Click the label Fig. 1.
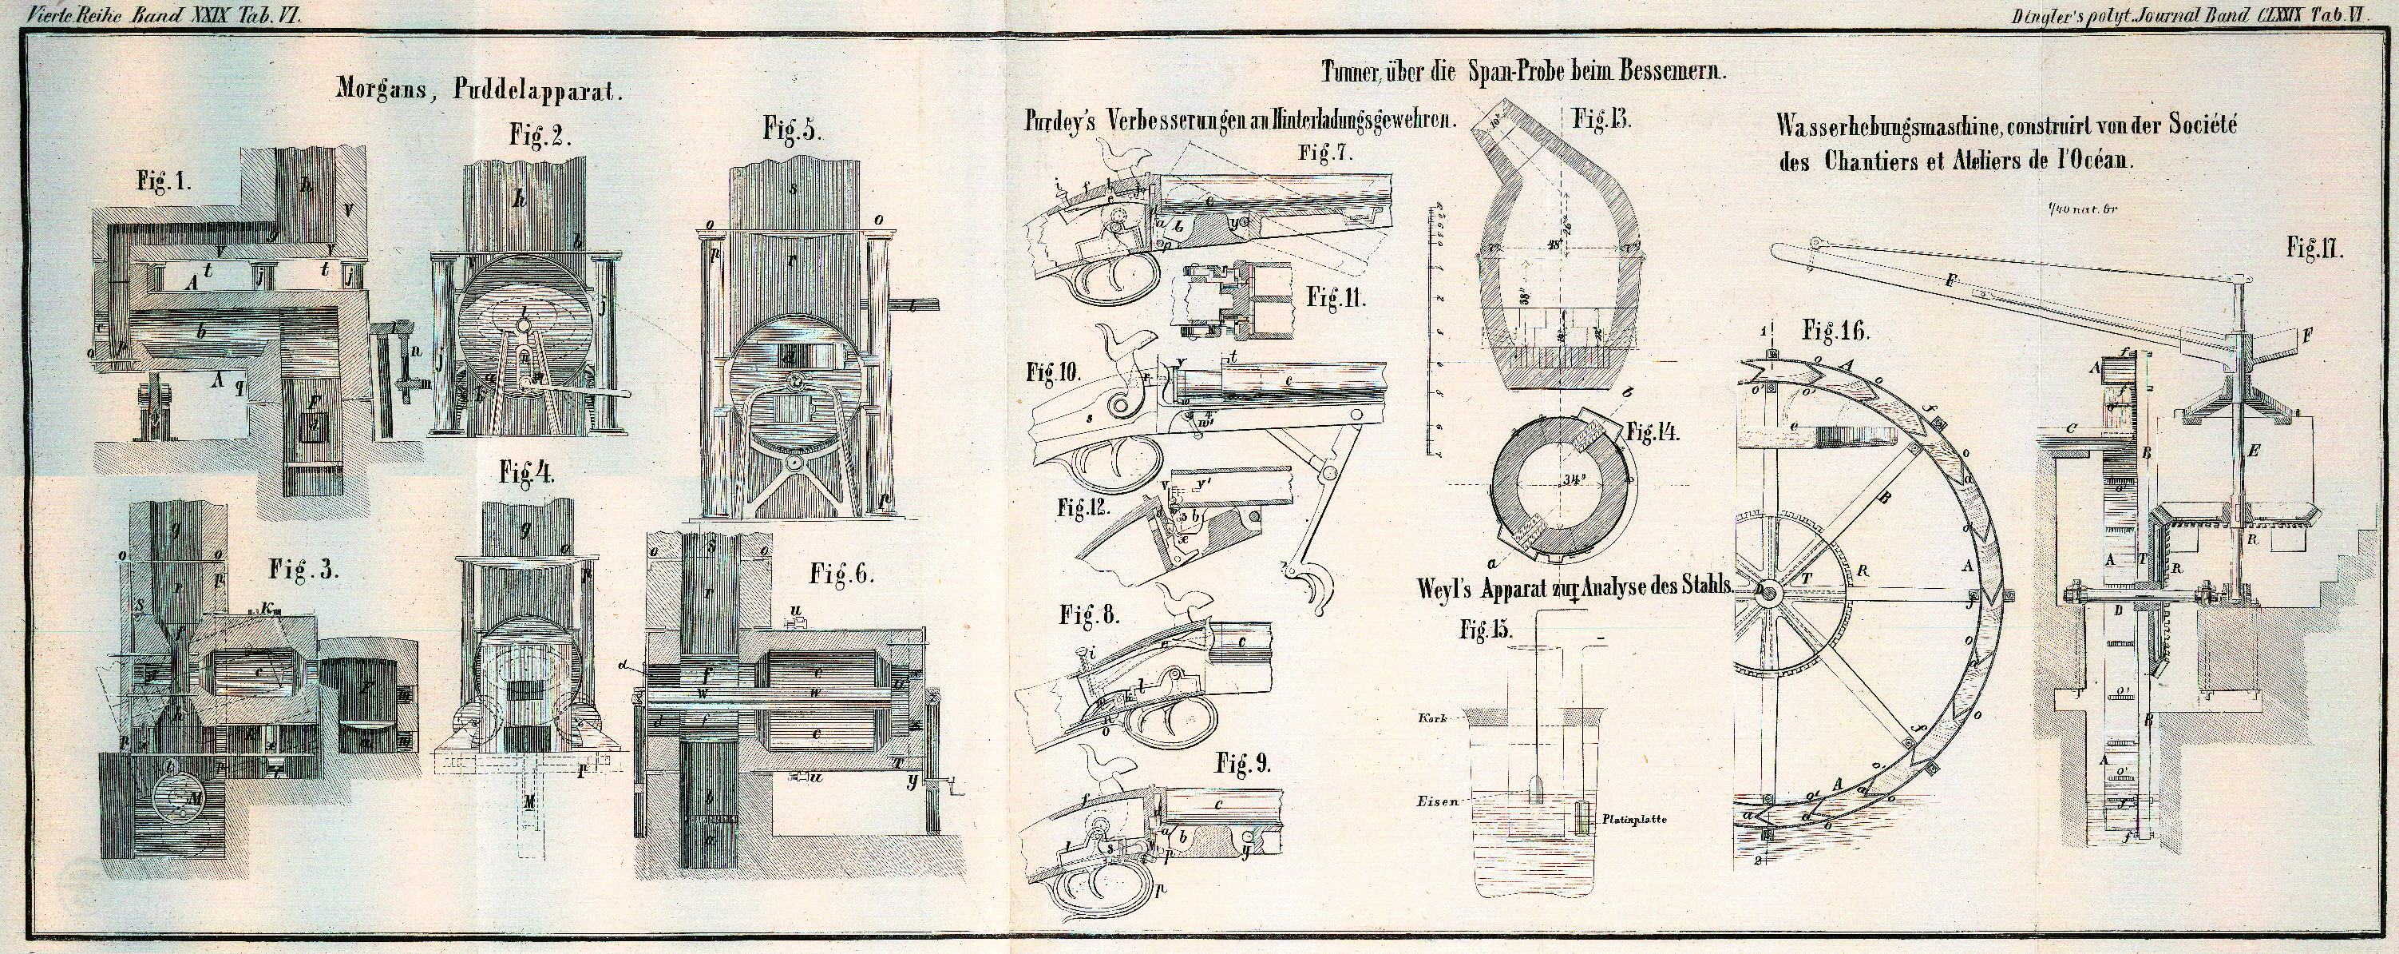coord(164,183)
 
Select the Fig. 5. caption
coord(793,129)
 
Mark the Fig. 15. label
coord(1487,630)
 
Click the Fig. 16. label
coord(1835,330)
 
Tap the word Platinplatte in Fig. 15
coord(1634,821)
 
